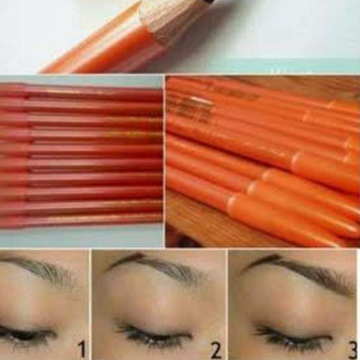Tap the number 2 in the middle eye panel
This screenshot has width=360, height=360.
click(216, 350)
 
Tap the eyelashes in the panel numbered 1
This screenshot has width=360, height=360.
click(25, 335)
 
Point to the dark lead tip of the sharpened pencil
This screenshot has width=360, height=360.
click(208, 2)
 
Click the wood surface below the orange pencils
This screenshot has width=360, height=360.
click(193, 218)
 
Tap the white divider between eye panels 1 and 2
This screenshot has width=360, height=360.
click(90, 302)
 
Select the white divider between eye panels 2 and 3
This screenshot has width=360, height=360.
click(227, 302)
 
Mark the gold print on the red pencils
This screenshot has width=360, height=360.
click(124, 134)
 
